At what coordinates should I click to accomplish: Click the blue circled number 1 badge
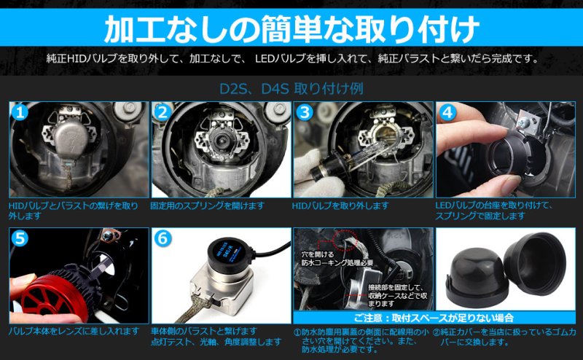(x=20, y=113)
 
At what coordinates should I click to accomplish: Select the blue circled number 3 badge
(x=304, y=113)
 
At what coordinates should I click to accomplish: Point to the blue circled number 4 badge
(x=447, y=113)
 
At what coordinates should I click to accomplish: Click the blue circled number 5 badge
(x=20, y=239)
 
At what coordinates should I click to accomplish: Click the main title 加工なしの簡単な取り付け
(x=291, y=28)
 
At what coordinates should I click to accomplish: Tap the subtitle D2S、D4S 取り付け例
(x=291, y=89)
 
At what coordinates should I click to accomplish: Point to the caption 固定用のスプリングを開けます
(x=207, y=206)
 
